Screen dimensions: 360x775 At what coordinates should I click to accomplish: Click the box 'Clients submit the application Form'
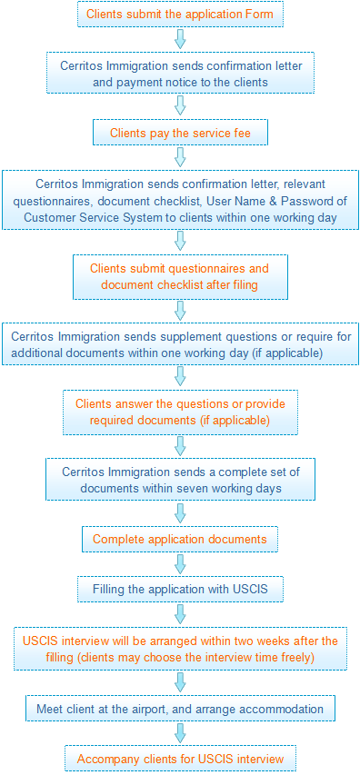click(180, 14)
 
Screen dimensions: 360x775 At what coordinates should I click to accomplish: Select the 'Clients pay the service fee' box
click(180, 133)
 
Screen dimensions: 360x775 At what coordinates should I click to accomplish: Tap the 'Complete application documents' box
click(180, 539)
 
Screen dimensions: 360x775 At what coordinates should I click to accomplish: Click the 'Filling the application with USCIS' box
click(180, 590)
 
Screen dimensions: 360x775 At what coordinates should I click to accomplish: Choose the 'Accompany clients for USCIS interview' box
click(180, 759)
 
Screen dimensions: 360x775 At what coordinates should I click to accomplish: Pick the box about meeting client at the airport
click(180, 709)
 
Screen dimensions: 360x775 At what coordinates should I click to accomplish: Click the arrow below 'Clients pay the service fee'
click(180, 158)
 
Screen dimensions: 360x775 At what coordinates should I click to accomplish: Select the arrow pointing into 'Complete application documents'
click(180, 513)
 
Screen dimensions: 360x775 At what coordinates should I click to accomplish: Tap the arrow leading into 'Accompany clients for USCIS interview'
click(180, 733)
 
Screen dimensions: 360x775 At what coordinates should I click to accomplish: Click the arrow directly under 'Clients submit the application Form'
click(180, 38)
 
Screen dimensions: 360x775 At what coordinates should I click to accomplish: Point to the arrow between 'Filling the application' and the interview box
click(180, 614)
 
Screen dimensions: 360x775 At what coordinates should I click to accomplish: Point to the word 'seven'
click(198, 488)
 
